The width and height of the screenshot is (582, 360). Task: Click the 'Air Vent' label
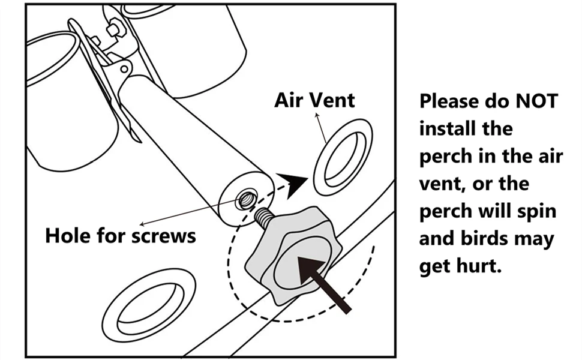click(314, 100)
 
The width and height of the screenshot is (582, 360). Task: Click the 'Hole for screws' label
click(121, 235)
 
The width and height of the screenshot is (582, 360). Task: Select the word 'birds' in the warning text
click(478, 239)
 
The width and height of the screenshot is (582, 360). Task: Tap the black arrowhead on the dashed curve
click(292, 182)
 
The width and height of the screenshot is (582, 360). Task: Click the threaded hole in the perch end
click(245, 199)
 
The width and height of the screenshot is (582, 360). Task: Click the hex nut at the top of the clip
click(113, 29)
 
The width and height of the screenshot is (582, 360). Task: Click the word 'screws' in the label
click(166, 235)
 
